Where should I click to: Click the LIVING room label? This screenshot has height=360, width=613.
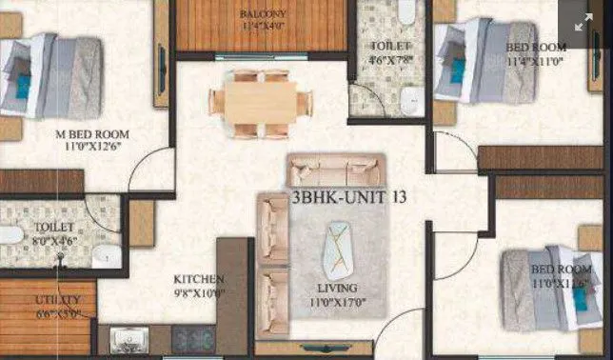tap(338, 288)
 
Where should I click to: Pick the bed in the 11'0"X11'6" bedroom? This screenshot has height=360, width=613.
tap(542, 286)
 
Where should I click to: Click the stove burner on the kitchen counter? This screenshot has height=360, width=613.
tap(193, 338)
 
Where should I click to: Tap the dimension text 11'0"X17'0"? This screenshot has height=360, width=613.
tap(338, 302)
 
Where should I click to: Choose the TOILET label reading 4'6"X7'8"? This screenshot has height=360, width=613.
tap(390, 46)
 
